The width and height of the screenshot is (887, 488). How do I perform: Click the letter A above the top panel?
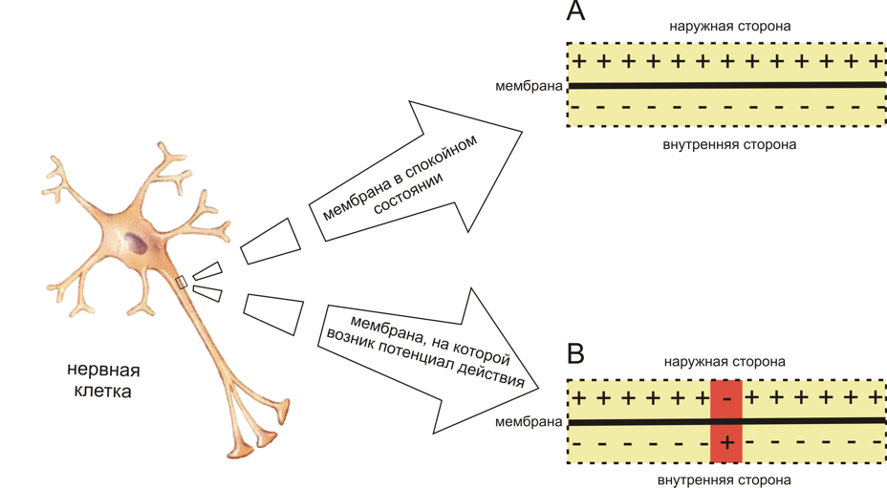575,11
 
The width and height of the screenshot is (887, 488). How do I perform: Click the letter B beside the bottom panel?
575,354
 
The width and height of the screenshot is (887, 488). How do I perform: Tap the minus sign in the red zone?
727,398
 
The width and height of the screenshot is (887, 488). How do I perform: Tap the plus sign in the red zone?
727,441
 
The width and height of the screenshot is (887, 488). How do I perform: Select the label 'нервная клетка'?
103,380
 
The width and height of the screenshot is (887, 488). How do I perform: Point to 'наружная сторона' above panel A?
729,27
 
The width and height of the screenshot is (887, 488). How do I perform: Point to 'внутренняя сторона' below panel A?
729,145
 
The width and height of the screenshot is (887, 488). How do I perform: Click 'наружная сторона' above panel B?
725,361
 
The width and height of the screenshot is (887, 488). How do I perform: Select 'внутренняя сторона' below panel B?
724,480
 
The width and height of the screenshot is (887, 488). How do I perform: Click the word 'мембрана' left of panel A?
529,86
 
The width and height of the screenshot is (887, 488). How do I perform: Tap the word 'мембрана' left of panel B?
529,422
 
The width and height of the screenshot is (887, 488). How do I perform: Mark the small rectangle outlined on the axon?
181,282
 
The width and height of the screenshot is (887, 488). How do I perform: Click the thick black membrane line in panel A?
727,86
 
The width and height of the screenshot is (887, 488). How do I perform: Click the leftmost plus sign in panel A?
578,61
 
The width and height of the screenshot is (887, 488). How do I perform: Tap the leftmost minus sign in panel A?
575,106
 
